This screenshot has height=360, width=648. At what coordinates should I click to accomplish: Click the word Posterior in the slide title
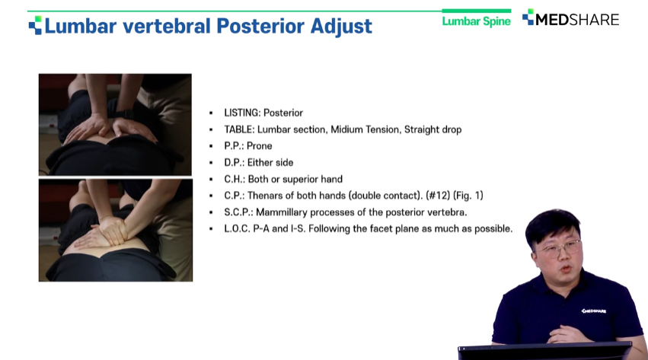260,26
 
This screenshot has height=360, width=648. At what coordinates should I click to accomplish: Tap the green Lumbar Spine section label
476,21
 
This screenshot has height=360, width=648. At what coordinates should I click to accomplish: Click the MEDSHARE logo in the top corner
571,19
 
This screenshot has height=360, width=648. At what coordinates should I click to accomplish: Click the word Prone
260,145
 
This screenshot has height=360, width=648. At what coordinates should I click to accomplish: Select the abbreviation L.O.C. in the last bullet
237,228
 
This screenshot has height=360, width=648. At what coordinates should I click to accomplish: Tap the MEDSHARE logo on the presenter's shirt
594,311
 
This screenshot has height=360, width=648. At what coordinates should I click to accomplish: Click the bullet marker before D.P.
211,163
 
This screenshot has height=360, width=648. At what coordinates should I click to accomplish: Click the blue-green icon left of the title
35,25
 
